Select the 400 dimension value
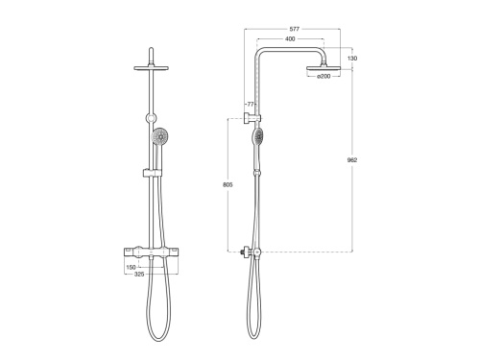pos(289,40)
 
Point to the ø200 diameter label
pos(324,76)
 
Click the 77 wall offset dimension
pos(252,104)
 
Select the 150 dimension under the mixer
pos(132,268)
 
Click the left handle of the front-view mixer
pos(129,252)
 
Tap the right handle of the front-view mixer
pos(177,252)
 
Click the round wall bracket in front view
pos(152,119)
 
